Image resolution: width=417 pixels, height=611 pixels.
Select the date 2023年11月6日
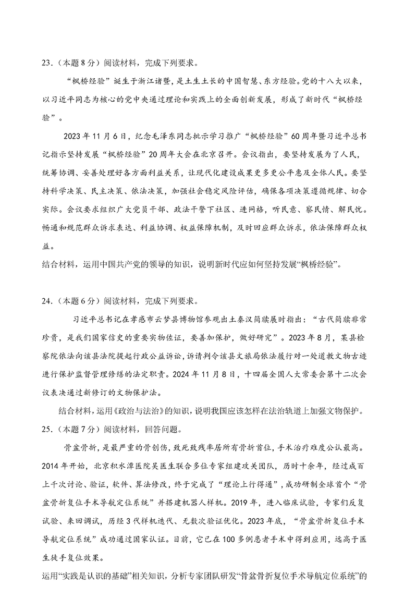tap(94, 137)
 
